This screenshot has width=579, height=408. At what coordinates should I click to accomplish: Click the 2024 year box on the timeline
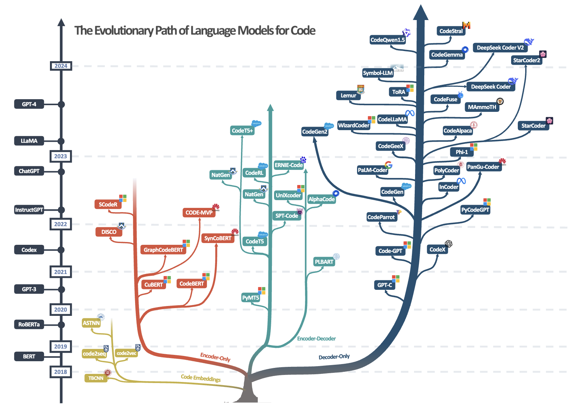point(61,66)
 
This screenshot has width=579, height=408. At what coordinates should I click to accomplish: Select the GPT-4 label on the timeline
point(29,104)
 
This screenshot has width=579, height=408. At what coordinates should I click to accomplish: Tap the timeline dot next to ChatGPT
point(61,172)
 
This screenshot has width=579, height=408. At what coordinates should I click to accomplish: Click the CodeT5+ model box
point(242,131)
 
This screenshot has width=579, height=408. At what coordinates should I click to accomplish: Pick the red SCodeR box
point(108,204)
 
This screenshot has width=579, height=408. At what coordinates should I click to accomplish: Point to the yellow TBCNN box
point(96,378)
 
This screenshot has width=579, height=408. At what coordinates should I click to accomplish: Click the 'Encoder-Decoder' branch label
point(316,339)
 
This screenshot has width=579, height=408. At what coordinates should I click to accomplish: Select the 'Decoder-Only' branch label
point(334,357)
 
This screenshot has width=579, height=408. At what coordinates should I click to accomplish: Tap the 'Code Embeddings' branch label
point(201,378)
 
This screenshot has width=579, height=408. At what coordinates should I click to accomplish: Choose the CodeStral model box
point(451,31)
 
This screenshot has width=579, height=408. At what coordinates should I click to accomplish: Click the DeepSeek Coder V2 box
point(500,47)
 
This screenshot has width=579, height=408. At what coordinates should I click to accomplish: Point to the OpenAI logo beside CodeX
point(448,244)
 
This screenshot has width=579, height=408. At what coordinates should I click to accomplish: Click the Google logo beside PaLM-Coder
point(388,165)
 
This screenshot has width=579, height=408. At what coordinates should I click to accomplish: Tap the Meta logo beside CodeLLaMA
point(410,113)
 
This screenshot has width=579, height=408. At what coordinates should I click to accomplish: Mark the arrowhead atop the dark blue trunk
point(420,12)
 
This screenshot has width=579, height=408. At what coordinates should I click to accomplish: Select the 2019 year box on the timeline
point(61,346)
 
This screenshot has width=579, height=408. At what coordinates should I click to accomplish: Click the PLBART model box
point(324,262)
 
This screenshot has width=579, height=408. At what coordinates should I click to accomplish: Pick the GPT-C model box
point(384,285)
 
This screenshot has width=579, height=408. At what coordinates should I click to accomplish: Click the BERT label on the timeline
point(29,356)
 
